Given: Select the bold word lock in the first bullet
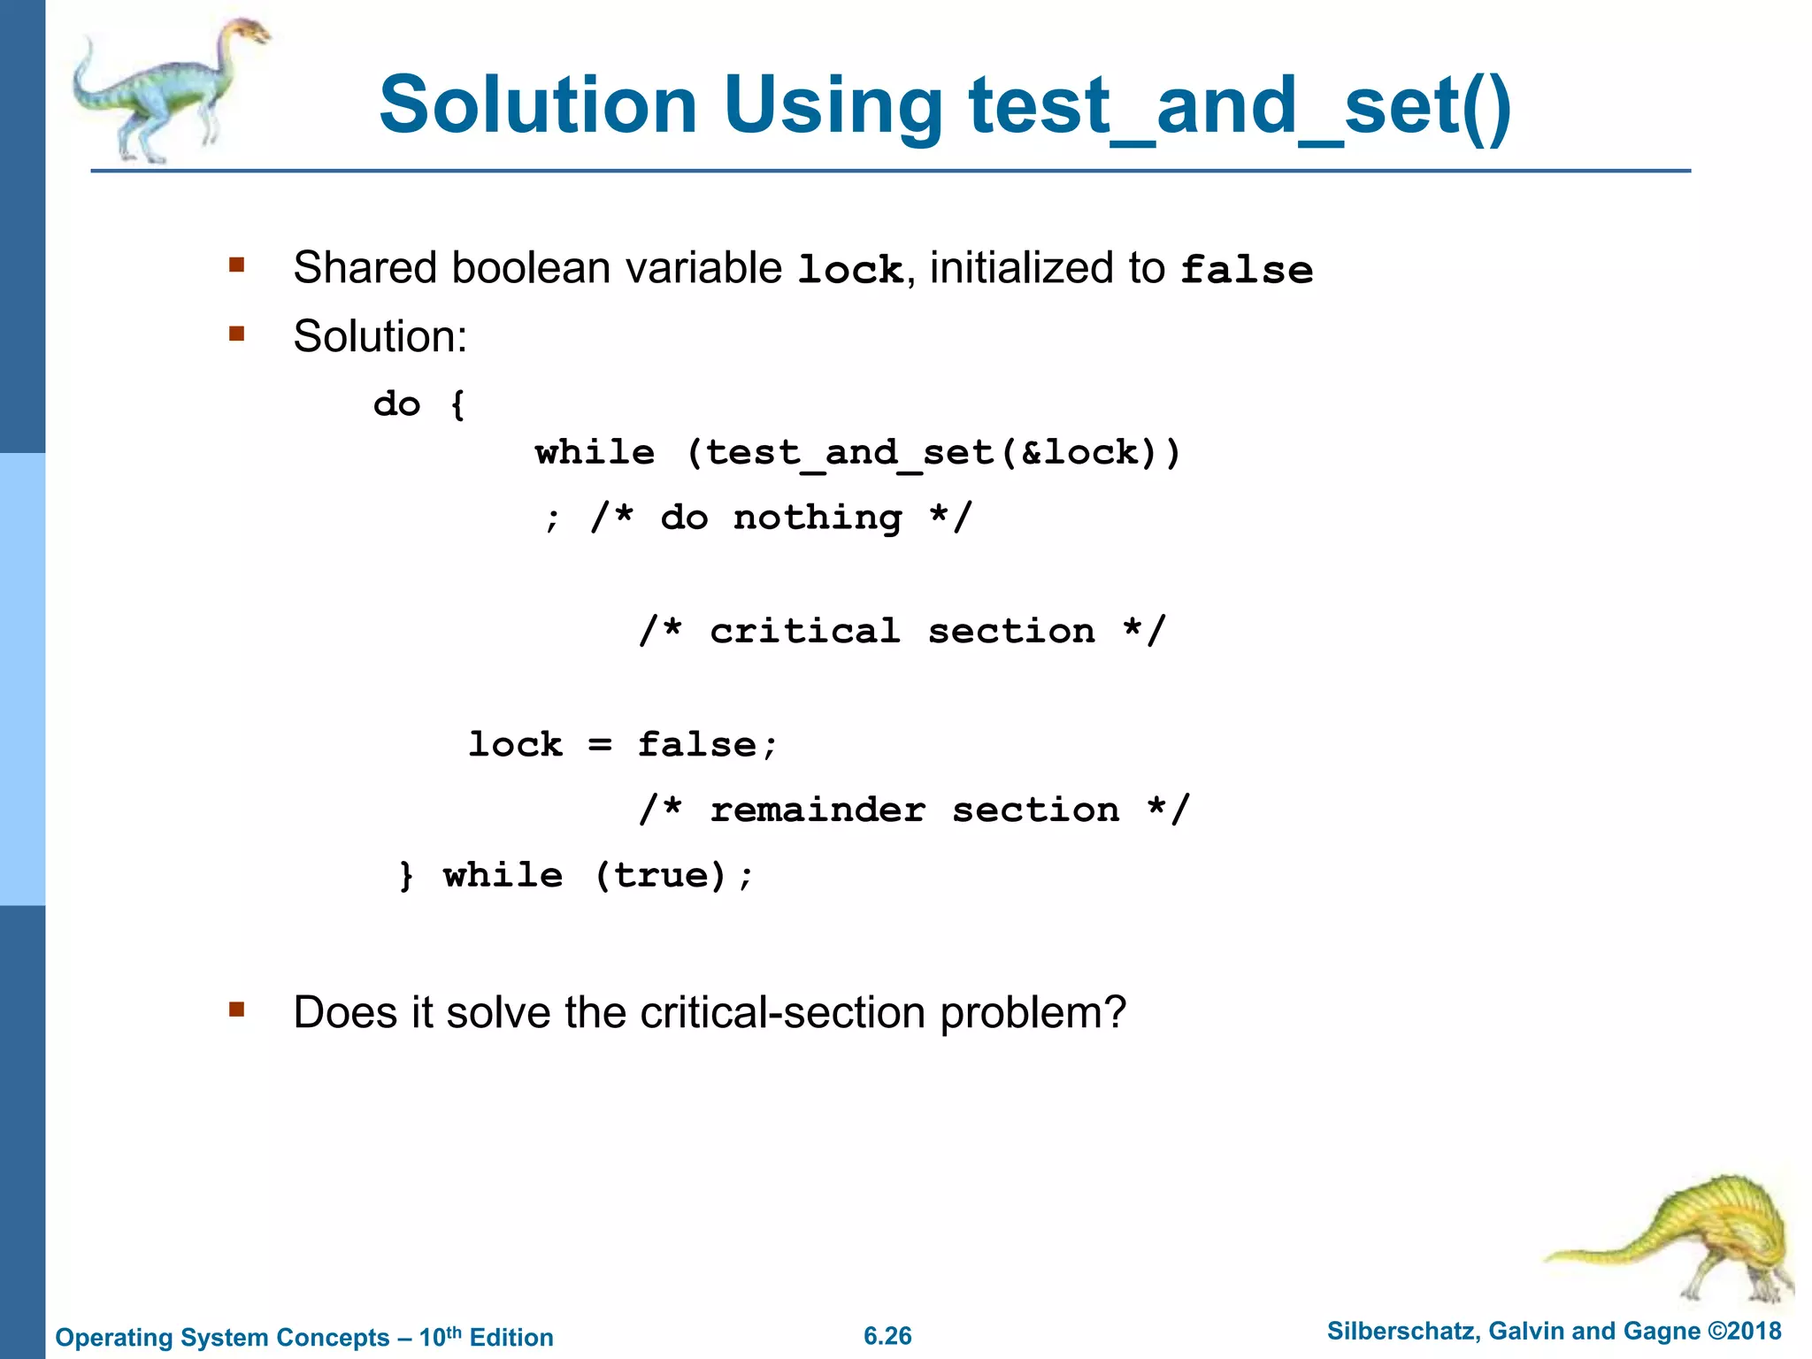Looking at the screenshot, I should pos(849,270).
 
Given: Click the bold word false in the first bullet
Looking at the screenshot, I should pos(1247,270).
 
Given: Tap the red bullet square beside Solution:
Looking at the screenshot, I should pos(236,334).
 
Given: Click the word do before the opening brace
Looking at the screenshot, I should pos(396,404).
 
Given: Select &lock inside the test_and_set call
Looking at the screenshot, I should pos(1079,453).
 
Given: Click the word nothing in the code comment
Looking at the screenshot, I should pos(818,518).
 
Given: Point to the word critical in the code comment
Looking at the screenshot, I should pos(804,632).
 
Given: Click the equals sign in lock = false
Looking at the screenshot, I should pos(600,745).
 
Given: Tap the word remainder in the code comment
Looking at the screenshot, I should pos(818,810).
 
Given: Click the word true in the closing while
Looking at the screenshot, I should pos(661,876).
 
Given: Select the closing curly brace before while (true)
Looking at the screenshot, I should pos(406,876).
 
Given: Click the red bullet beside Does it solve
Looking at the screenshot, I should pos(236,1010).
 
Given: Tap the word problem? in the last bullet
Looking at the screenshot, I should pos(1033,1013).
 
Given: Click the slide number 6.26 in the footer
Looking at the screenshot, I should pos(887,1336).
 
